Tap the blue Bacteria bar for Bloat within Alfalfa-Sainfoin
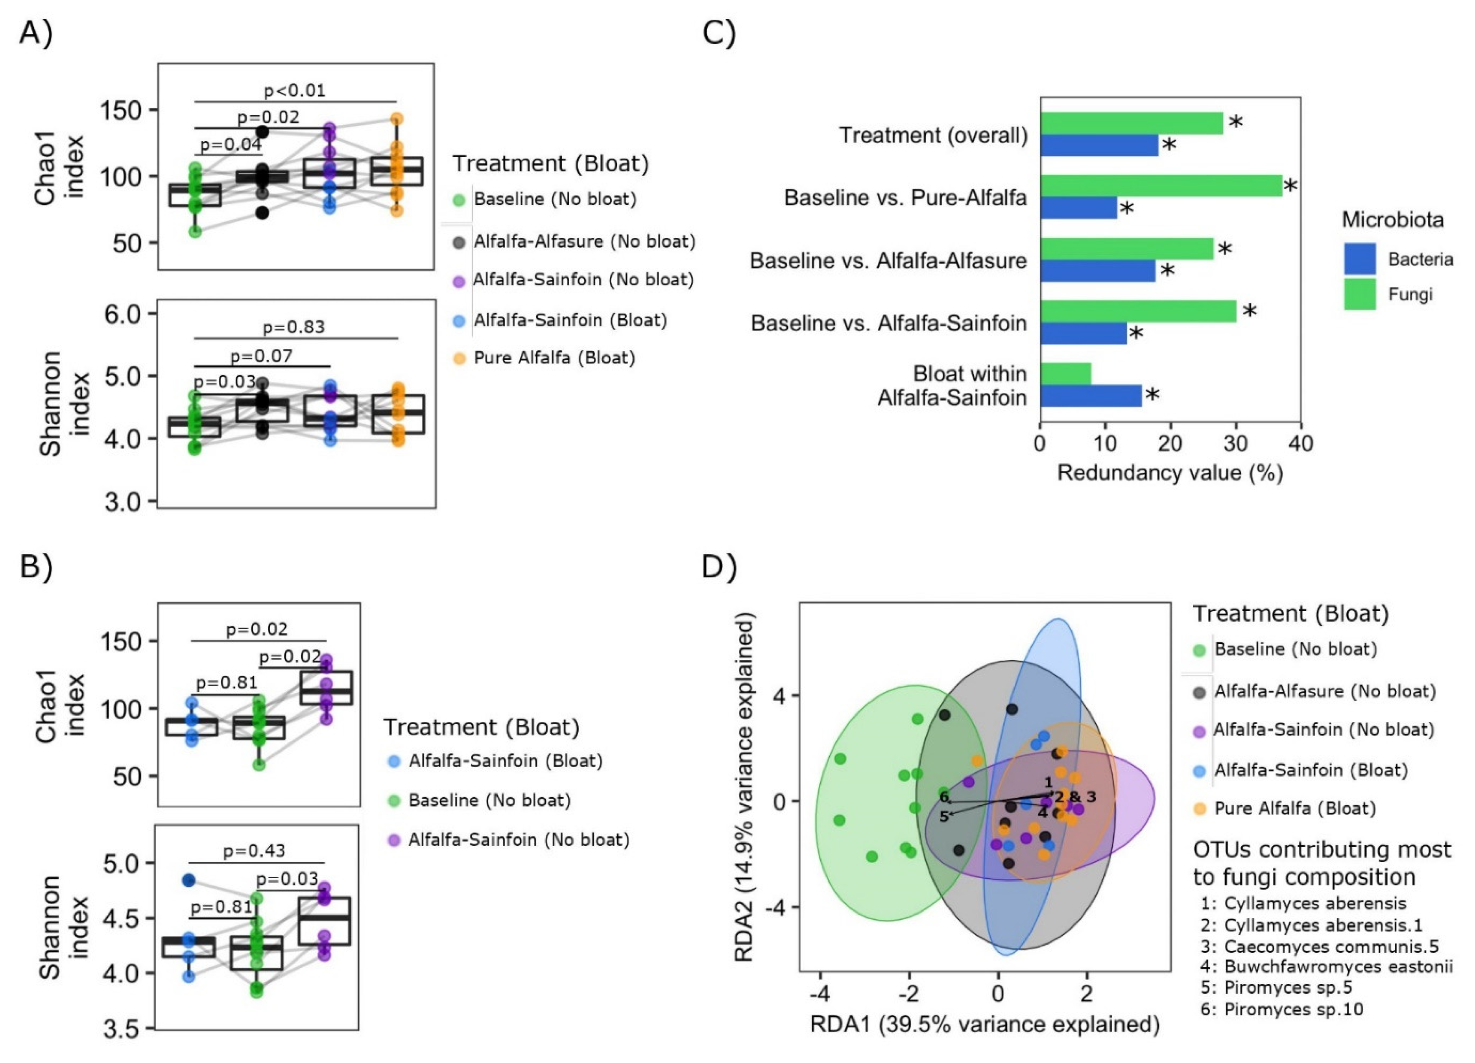[x=1091, y=396]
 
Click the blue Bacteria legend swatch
[x=1360, y=259]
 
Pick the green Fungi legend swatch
[x=1360, y=295]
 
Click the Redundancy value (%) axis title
[x=1169, y=472]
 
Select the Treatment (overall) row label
[x=933, y=135]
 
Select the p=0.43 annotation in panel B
[x=254, y=851]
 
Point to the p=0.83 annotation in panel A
[x=294, y=327]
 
